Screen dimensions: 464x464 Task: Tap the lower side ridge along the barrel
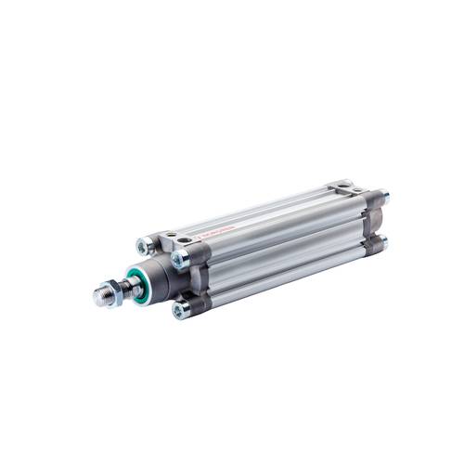278,274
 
